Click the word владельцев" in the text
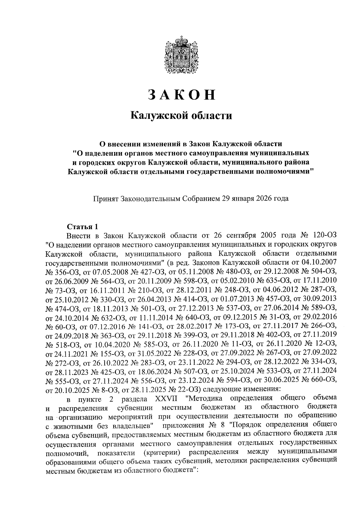coord(131,426)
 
